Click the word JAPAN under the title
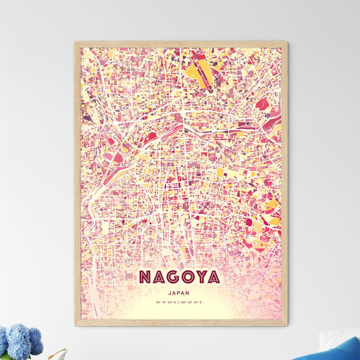[x=180, y=293]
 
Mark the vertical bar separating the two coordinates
[x=180, y=303]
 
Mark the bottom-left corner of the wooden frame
[x=76, y=325]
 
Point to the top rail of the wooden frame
[x=180, y=44]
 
